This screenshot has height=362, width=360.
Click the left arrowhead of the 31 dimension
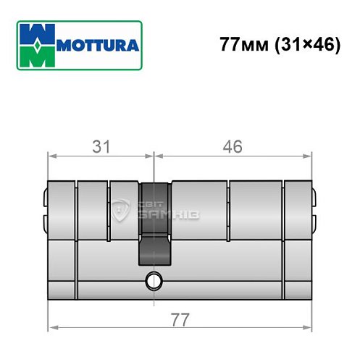(51, 155)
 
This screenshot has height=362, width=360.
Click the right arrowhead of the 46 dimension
(307, 155)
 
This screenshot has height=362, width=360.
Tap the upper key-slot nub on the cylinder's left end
(44, 196)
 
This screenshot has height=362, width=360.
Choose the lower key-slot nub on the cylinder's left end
(44, 218)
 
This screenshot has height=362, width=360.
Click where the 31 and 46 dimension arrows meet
(154, 155)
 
